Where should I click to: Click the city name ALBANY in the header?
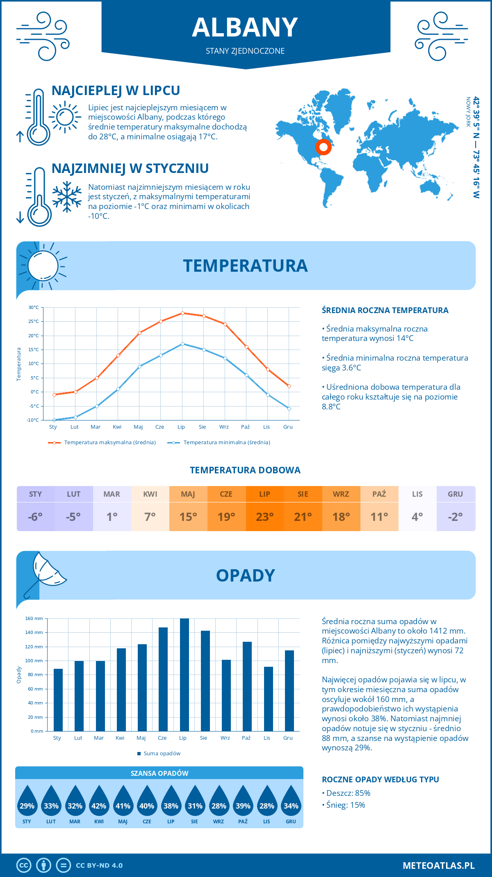pos(245,27)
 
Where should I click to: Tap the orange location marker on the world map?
pos(323,147)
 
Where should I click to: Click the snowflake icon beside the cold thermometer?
pos(67,197)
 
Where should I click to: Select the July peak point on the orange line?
pos(182,313)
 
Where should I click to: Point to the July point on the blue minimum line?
pos(182,344)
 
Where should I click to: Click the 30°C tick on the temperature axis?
pos(34,307)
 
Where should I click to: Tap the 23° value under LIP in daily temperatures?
pos(264,517)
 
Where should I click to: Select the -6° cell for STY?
pos(35,517)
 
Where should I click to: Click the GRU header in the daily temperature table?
pos(455,494)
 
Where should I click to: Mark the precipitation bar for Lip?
pos(184,675)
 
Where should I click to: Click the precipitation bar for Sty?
pos(58,700)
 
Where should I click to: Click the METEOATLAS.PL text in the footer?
pos(438,866)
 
